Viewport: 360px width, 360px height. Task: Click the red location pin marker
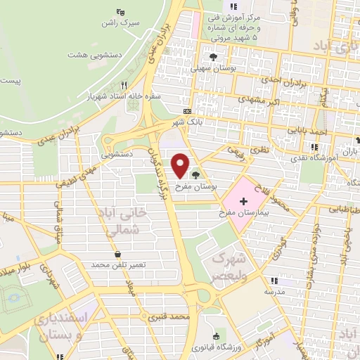[181, 165]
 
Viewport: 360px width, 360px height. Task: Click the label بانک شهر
[189, 121]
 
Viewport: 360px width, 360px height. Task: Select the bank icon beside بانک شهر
[186, 111]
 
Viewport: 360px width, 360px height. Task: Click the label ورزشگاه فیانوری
[215, 347]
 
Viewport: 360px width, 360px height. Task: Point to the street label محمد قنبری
[175, 318]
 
